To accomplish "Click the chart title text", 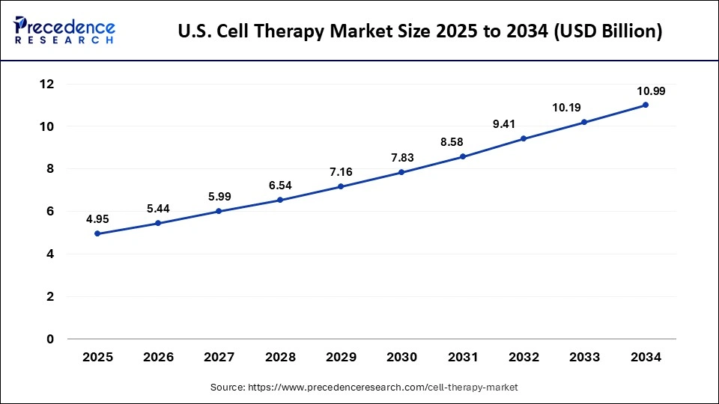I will point(419,33).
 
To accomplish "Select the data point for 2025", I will point(97,233).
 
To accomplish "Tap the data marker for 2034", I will point(646,105).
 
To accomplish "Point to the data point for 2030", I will point(401,172).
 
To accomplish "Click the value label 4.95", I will point(97,218).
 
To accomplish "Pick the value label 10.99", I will point(651,91).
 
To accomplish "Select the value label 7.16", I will point(341,171).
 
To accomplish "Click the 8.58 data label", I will point(462,141).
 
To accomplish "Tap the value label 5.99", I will point(219,196).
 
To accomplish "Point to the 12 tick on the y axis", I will point(47,85).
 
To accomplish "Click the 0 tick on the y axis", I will point(50,339).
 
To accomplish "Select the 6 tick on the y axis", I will point(50,212).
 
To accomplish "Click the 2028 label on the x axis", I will point(280,358).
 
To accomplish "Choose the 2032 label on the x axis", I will point(524,358).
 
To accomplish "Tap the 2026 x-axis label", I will point(158,358).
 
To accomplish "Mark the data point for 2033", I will point(584,123).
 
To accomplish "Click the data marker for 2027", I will point(219,211).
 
